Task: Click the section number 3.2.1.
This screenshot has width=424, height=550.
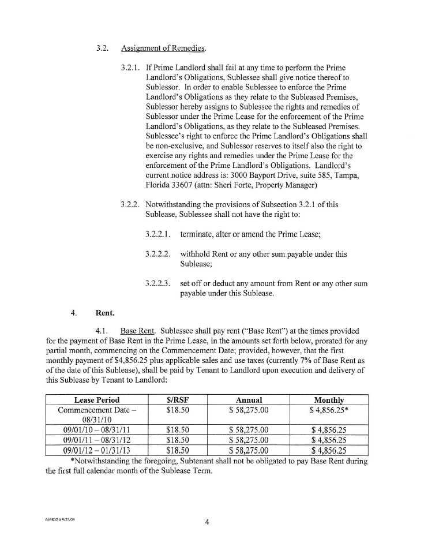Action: (x=131, y=68)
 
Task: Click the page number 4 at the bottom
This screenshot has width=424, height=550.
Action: (x=207, y=523)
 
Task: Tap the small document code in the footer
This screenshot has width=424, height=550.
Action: (x=60, y=519)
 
